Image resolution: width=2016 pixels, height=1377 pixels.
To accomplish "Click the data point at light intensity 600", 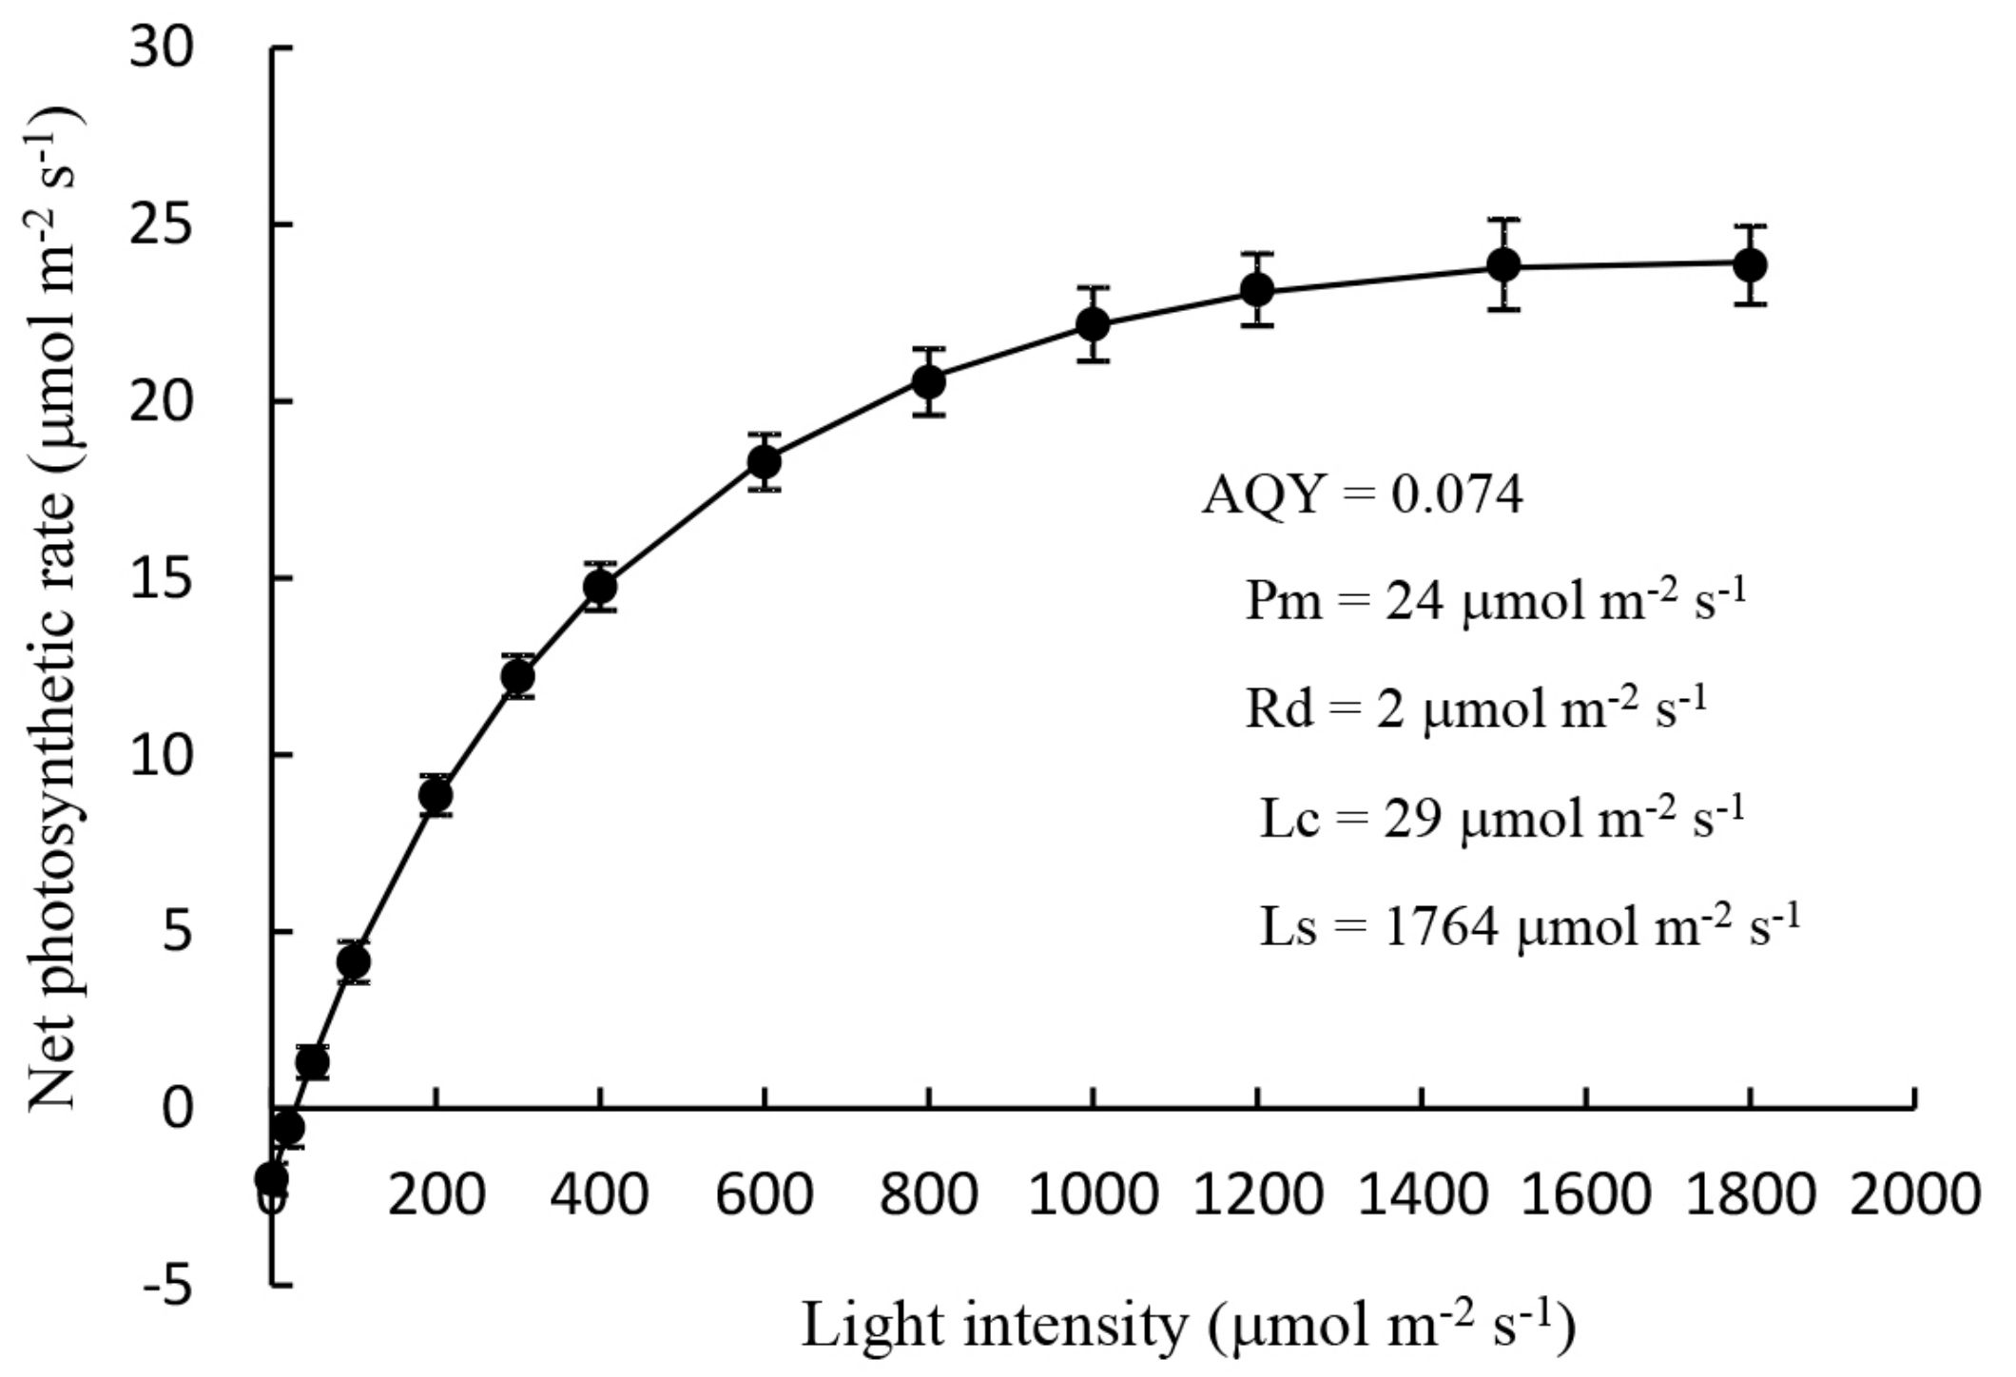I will pyautogui.click(x=765, y=462).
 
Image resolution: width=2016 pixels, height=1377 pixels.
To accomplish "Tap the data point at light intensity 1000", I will pyautogui.click(x=1094, y=324).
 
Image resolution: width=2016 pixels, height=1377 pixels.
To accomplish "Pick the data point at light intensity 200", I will pyautogui.click(x=436, y=795).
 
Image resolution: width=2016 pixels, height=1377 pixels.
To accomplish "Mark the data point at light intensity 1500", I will pyautogui.click(x=1503, y=264).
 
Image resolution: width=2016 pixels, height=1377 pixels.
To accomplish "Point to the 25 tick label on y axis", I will pyautogui.click(x=162, y=225).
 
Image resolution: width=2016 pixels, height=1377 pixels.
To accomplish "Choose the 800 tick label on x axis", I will pyautogui.click(x=928, y=1193).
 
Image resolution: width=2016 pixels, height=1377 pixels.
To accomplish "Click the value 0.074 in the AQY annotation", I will pyautogui.click(x=1457, y=495).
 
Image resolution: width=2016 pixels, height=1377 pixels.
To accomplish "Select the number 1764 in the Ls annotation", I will pyautogui.click(x=1442, y=926).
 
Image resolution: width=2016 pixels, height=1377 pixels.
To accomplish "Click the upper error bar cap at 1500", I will pyautogui.click(x=1503, y=220).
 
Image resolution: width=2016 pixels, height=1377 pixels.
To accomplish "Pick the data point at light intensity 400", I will pyautogui.click(x=600, y=587).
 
